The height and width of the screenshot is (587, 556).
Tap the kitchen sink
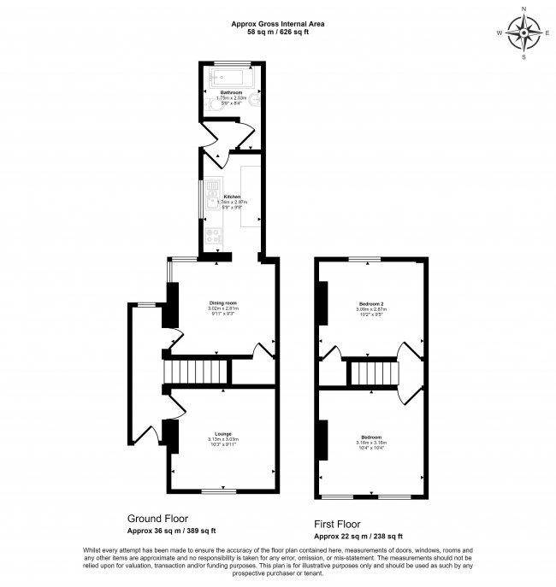pos(211,196)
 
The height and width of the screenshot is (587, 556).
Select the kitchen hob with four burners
pos(211,229)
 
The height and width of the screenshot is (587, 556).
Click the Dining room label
pos(222,303)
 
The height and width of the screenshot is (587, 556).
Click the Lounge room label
pos(222,434)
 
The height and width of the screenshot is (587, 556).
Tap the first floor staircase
pos(372,373)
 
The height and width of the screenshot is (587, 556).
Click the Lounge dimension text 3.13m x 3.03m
pos(222,440)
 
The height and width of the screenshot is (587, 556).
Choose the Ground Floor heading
pos(157,519)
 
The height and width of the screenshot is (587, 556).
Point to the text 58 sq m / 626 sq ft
pos(277,32)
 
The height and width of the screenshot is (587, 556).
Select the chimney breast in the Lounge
pos(169,436)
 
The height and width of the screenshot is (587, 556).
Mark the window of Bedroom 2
pos(369,258)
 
